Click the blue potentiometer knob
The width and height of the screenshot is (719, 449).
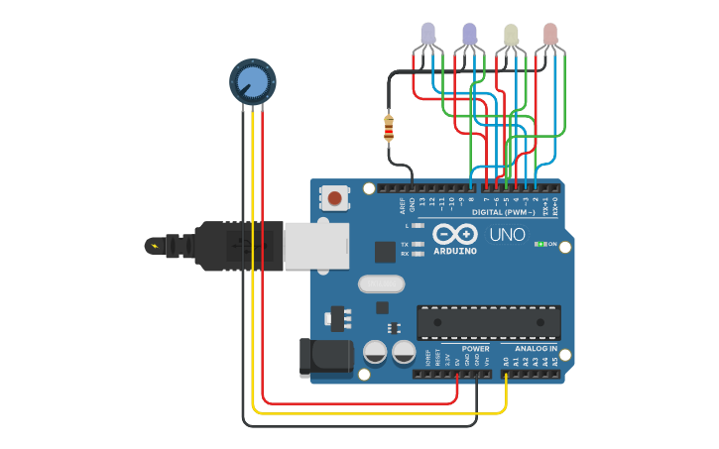pos(252,81)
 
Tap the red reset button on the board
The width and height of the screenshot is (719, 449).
pos(335,198)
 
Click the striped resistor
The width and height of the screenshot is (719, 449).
pos(388,127)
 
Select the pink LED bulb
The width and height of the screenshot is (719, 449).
pos(550,35)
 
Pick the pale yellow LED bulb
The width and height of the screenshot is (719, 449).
pos(511,35)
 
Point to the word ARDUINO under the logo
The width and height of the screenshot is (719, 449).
pos(454,251)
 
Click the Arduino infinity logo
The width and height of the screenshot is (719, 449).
pos(454,235)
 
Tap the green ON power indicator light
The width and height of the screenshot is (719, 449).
pos(539,243)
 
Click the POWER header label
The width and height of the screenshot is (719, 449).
pos(475,349)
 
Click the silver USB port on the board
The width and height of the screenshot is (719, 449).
pos(316,245)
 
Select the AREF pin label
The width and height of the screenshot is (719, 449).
pos(402,205)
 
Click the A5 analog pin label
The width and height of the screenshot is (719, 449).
pos(555,362)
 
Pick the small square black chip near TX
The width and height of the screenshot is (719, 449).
pos(385,252)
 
